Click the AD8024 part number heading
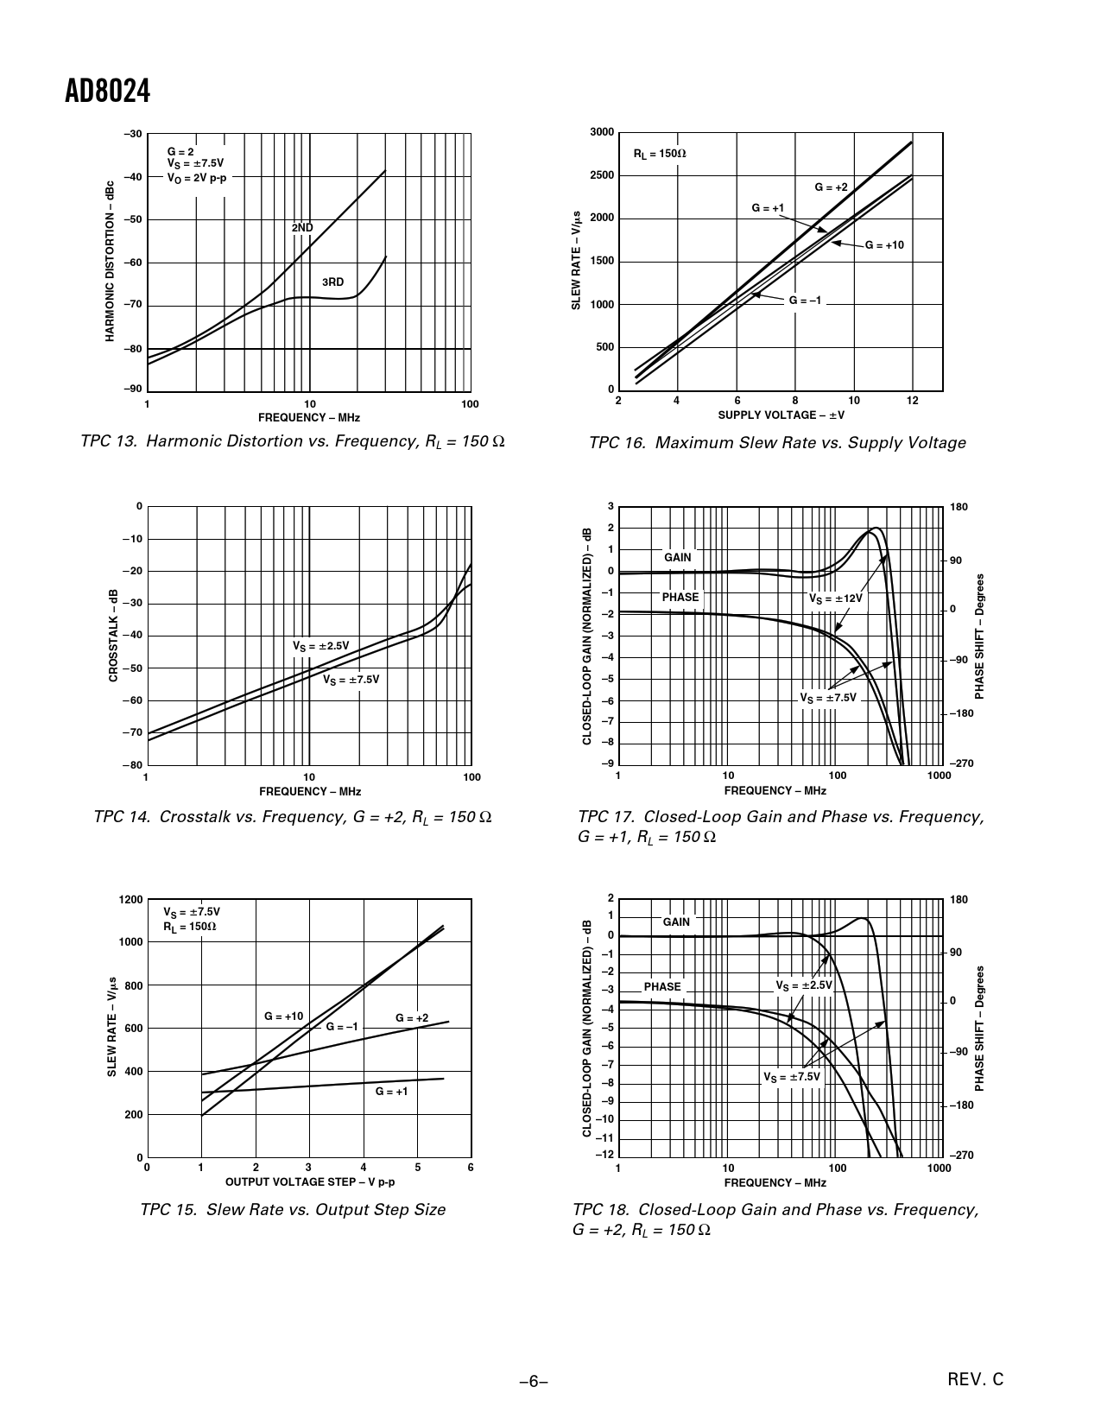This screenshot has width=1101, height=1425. click(108, 92)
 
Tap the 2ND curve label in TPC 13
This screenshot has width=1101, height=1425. click(302, 228)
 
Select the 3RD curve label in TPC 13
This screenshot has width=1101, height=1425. click(332, 282)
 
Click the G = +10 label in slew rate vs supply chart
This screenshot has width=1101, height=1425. click(884, 245)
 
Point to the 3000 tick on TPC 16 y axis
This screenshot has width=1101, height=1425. click(602, 132)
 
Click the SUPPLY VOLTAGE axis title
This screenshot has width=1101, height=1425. click(781, 415)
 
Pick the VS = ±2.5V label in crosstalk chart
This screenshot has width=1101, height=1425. click(320, 645)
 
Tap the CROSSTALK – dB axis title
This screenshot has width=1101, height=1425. click(113, 636)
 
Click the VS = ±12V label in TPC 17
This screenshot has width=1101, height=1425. click(835, 598)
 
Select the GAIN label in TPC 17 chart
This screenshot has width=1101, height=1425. click(678, 557)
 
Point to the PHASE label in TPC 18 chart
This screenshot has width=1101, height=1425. click(662, 986)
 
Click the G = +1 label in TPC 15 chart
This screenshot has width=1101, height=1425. click(391, 1092)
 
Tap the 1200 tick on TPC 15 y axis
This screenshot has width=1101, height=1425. click(131, 900)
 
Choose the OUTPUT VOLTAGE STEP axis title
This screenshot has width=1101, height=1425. click(310, 1181)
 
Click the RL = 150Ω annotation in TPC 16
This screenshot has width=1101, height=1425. click(660, 154)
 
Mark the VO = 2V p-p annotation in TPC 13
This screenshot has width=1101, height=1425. click(198, 179)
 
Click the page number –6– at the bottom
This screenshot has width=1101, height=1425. click(534, 1382)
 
